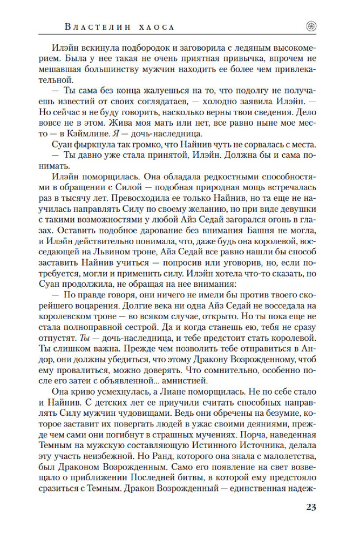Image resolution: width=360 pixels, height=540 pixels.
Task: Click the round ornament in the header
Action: pos(311,26)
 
